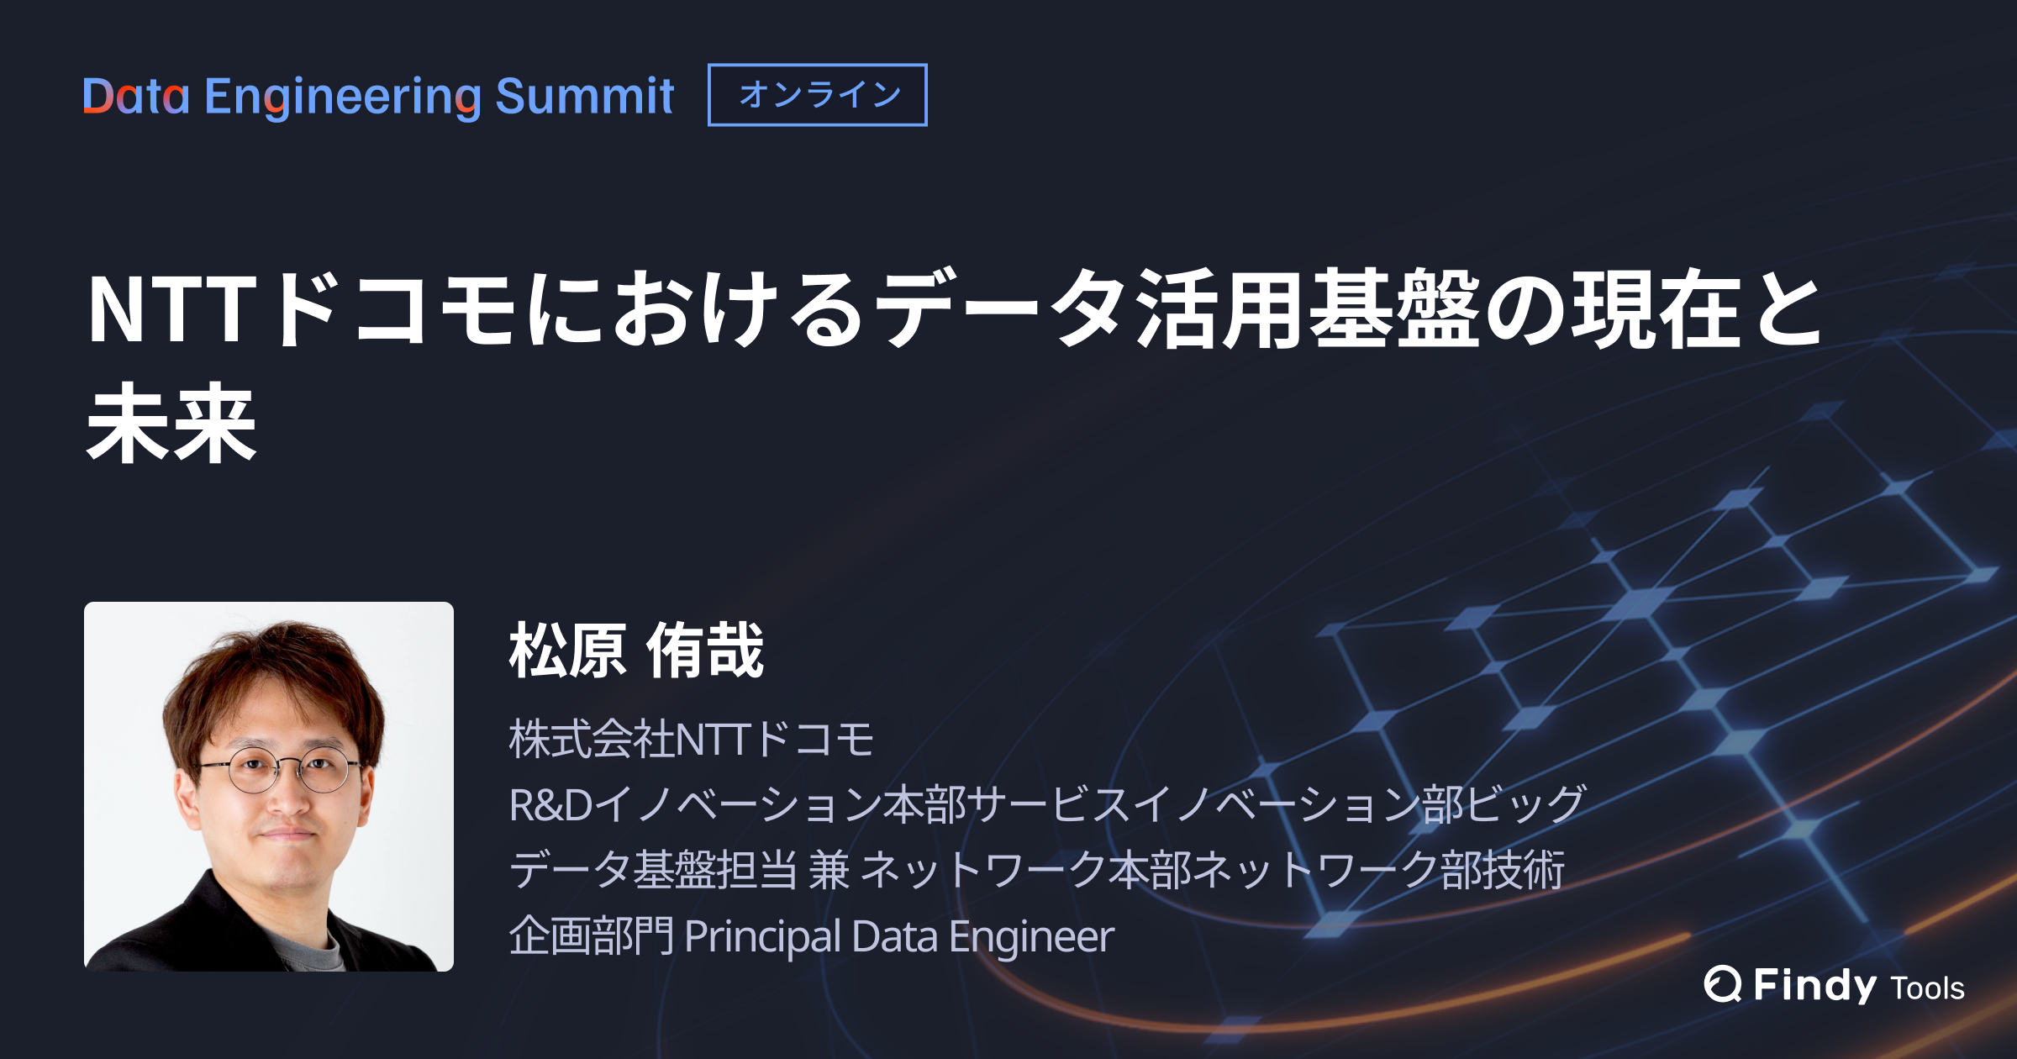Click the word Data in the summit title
pyautogui.click(x=136, y=97)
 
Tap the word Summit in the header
pyautogui.click(x=584, y=97)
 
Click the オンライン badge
pyautogui.click(x=818, y=95)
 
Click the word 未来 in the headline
pyautogui.click(x=171, y=424)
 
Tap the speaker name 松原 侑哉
pyautogui.click(x=636, y=651)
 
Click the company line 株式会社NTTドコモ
pyautogui.click(x=691, y=740)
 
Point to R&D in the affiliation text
pyautogui.click(x=550, y=804)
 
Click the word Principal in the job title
pyautogui.click(x=762, y=936)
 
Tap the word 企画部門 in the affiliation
pyautogui.click(x=591, y=936)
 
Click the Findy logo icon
pyautogui.click(x=1722, y=984)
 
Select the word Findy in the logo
pyautogui.click(x=1814, y=985)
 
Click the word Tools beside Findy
pyautogui.click(x=1927, y=988)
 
